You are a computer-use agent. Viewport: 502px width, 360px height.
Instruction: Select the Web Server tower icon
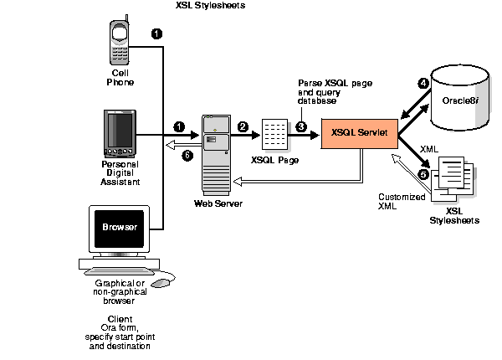[215, 151]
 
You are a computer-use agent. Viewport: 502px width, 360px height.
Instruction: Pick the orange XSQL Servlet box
[359, 132]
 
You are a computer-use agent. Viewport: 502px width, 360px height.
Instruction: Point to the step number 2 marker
[243, 126]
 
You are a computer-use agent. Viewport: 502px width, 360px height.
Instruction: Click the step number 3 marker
[301, 126]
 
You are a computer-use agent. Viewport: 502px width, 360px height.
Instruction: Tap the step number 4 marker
[423, 84]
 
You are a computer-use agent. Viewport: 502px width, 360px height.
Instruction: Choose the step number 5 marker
[423, 174]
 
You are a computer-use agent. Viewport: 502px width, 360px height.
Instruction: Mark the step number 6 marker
[187, 156]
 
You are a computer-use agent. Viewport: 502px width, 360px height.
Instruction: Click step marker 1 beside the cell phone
[156, 33]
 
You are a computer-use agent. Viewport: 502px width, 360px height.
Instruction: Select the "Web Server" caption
[214, 203]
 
